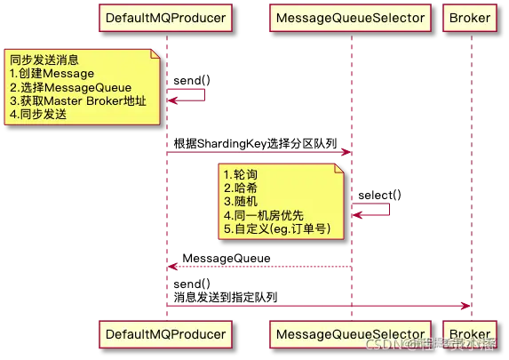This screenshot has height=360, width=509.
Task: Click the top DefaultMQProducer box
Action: pyautogui.click(x=164, y=19)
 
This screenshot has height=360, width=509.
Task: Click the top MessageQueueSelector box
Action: pyautogui.click(x=350, y=19)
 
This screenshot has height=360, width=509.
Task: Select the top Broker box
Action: pyautogui.click(x=471, y=19)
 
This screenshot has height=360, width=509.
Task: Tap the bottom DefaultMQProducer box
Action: pyautogui.click(x=164, y=334)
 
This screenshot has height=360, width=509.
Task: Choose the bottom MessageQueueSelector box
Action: pyautogui.click(x=350, y=334)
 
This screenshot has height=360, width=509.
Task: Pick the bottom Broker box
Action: pyautogui.click(x=471, y=334)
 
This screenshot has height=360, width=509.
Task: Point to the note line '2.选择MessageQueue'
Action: pyautogui.click(x=70, y=87)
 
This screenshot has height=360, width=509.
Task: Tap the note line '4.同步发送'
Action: pyautogui.click(x=39, y=116)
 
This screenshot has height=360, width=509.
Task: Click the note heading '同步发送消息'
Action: pyautogui.click(x=44, y=60)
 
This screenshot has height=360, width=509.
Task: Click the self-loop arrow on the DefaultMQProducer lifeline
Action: pyautogui.click(x=189, y=95)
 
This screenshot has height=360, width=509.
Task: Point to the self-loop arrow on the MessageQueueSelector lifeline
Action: pyautogui.click(x=374, y=210)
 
